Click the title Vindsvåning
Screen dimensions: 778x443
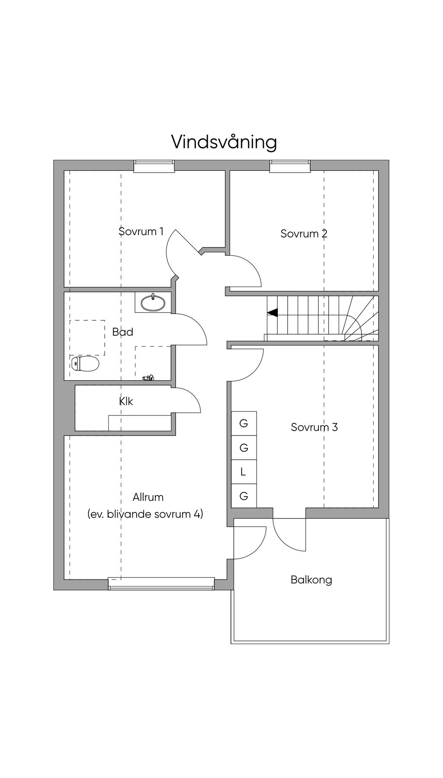coord(224,142)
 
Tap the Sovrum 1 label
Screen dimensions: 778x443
coord(141,231)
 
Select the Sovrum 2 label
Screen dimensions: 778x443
coord(304,234)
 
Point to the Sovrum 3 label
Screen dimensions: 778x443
coord(314,427)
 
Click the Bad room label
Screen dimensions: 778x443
coord(122,332)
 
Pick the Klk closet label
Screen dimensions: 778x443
coord(126,401)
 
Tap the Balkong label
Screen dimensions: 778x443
coord(311,579)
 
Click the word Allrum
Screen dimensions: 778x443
coord(148,497)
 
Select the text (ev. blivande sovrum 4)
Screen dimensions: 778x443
coord(145,514)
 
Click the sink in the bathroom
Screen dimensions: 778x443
coord(153,303)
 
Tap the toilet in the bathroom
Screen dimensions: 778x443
coord(85,364)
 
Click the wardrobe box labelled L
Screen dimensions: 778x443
coord(244,472)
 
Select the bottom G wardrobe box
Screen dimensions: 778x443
coord(244,496)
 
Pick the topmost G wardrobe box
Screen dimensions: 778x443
coord(244,423)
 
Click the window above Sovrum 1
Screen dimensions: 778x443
coord(154,166)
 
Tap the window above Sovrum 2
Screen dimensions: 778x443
coord(290,166)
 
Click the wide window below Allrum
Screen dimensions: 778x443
coord(161,583)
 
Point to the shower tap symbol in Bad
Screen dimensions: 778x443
coord(148,378)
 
